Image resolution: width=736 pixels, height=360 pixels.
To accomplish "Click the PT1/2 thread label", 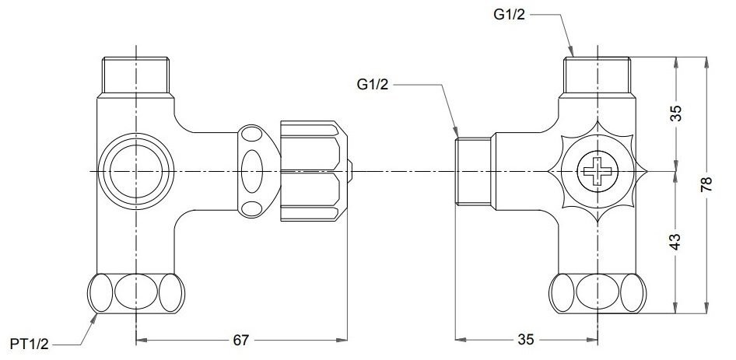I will point(30,343).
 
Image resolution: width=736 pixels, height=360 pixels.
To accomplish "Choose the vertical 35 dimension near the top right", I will point(675,112).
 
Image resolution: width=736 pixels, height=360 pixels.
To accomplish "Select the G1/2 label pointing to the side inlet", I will point(376,82).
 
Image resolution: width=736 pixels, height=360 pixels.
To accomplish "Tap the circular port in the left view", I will point(137,170).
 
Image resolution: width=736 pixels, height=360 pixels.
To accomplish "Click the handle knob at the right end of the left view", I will point(313,170).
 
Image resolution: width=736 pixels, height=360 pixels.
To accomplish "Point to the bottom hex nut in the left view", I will point(137,294).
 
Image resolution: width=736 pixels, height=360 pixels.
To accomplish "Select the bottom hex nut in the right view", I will point(598,294).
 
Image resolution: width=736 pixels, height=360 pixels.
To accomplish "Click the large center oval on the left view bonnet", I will point(254,170).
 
